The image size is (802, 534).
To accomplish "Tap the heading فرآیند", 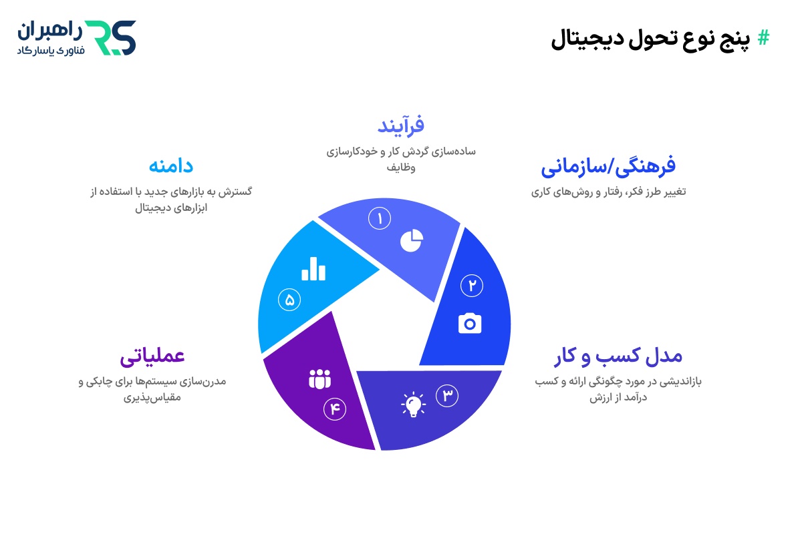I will pyautogui.click(x=401, y=125).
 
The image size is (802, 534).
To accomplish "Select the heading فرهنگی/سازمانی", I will pyautogui.click(x=608, y=166).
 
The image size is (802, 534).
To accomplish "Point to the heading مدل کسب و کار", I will pyautogui.click(x=618, y=356).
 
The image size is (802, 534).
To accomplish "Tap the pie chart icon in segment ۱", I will pyautogui.click(x=412, y=240).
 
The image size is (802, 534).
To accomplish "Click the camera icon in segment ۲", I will pyautogui.click(x=470, y=323).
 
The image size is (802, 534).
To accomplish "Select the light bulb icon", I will pyautogui.click(x=413, y=405).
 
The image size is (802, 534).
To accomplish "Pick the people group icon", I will pyautogui.click(x=319, y=379).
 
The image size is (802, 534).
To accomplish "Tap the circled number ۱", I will pyautogui.click(x=380, y=218).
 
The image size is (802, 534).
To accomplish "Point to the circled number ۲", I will pyautogui.click(x=472, y=286).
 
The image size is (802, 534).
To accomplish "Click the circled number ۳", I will pyautogui.click(x=448, y=395).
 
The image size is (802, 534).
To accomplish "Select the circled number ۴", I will pyautogui.click(x=334, y=409).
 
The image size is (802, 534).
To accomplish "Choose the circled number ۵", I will pyautogui.click(x=289, y=300).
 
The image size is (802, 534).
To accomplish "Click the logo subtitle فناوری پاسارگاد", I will pyautogui.click(x=50, y=50).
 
